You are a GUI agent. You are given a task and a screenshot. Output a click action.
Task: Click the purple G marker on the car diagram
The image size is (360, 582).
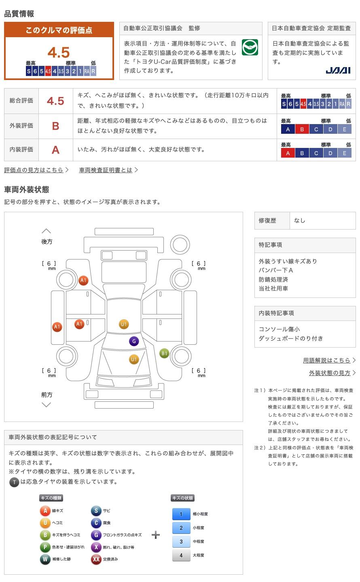[x=134, y=341]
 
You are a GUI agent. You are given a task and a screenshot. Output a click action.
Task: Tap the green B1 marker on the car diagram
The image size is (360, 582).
[x=164, y=353]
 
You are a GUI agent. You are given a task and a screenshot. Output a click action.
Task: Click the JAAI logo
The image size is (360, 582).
[x=338, y=70]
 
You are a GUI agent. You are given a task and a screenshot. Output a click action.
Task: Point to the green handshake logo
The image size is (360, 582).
[x=250, y=47]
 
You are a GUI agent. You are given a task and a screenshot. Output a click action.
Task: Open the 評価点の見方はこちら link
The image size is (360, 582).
[x=34, y=170]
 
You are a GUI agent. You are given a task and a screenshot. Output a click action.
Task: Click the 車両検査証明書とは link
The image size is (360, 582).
[x=106, y=170]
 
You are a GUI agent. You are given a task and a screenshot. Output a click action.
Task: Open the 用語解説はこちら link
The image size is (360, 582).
[x=327, y=360]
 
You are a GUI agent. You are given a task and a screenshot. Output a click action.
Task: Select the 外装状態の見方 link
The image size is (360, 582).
[x=330, y=373]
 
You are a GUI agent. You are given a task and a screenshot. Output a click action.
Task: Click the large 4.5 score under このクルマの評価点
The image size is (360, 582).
[x=59, y=53]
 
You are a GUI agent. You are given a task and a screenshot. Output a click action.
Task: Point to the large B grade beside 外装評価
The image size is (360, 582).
[x=55, y=126]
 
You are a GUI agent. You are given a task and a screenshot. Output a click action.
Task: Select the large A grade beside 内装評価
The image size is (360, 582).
[x=55, y=150]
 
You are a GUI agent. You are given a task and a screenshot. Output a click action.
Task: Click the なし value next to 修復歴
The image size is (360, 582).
[x=300, y=221]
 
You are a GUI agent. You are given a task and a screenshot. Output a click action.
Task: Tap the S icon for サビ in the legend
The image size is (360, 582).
[x=96, y=511]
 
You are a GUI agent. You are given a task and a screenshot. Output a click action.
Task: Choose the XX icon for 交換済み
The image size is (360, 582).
[x=96, y=559]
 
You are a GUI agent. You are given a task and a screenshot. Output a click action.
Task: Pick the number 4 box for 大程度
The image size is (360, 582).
[x=181, y=555]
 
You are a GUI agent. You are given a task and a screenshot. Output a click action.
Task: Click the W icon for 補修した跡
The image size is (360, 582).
[x=45, y=559]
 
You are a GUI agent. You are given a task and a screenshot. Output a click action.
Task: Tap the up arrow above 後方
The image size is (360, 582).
[x=46, y=231]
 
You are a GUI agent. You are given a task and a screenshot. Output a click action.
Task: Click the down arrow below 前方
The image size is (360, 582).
[x=46, y=405]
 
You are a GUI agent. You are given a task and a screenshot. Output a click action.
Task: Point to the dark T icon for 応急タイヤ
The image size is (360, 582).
[x=14, y=482]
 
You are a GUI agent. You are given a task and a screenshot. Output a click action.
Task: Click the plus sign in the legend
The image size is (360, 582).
[x=156, y=535]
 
